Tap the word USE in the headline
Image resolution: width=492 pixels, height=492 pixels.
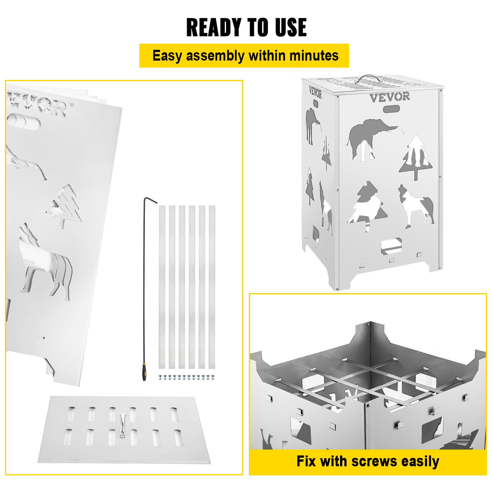pos(291,27)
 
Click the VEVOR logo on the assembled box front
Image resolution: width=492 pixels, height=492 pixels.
pos(390,97)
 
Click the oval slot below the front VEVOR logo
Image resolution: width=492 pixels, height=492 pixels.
pos(391,109)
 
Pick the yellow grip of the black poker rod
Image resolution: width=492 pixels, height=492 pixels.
pos(144,372)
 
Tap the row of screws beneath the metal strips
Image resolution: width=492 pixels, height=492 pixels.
pos(186,377)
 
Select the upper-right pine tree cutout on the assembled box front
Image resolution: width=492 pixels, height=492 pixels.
pos(416,157)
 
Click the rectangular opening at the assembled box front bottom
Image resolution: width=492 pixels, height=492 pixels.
pos(391,246)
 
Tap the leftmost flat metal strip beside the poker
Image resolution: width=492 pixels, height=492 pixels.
pos(162,287)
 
